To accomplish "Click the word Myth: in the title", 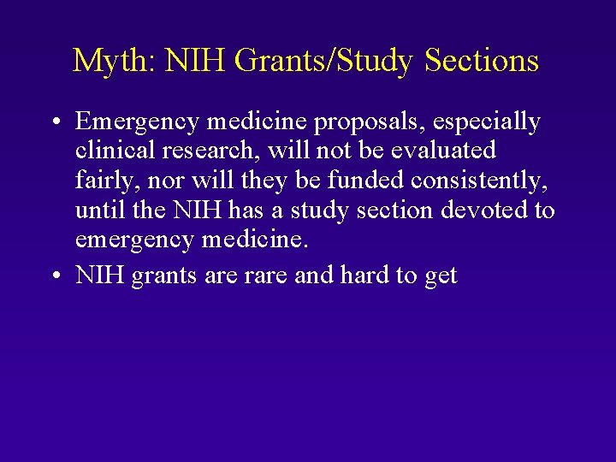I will point(112,61).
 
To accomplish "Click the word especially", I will point(493,122).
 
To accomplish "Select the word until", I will point(96,210).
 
